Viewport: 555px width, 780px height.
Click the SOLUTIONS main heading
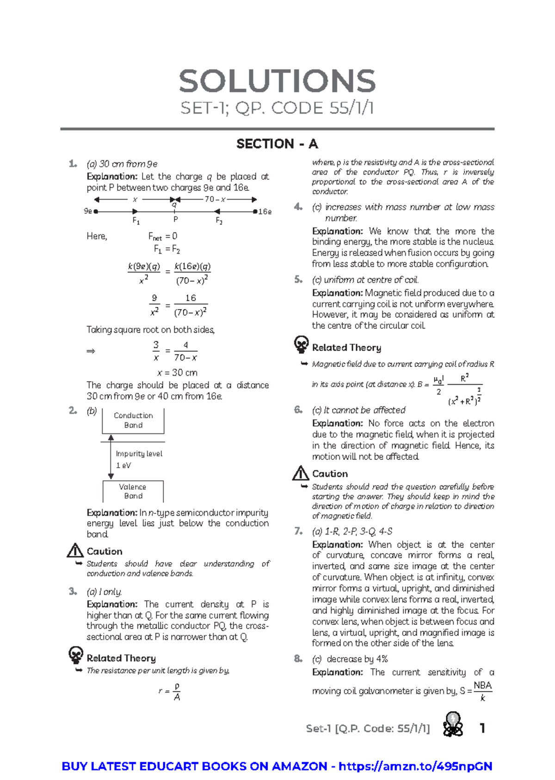pos(277,81)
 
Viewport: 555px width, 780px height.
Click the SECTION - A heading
pos(277,144)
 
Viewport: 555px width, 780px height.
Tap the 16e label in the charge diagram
pos(265,212)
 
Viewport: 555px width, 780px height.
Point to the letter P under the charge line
pos(176,219)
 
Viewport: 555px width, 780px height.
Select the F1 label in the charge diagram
pos(136,221)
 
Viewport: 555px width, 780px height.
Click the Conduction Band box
pos(133,420)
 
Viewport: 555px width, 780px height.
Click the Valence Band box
pos(133,491)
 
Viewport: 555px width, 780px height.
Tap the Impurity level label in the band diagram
pos(139,454)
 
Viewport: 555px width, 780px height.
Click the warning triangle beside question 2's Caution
pos(75,551)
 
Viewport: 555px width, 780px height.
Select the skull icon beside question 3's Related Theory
pos(76,655)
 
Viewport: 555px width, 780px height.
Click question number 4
pos(298,207)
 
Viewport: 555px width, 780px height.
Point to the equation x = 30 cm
pos(177,372)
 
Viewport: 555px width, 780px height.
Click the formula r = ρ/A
pos(170,691)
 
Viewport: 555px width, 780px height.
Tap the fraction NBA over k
pos(482,691)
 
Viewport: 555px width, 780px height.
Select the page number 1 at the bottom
pos(482,729)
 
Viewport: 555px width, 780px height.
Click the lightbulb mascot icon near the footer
pos(453,724)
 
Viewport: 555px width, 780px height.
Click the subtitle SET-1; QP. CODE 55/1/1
pos(277,108)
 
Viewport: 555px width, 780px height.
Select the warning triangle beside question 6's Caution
pos(301,473)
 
